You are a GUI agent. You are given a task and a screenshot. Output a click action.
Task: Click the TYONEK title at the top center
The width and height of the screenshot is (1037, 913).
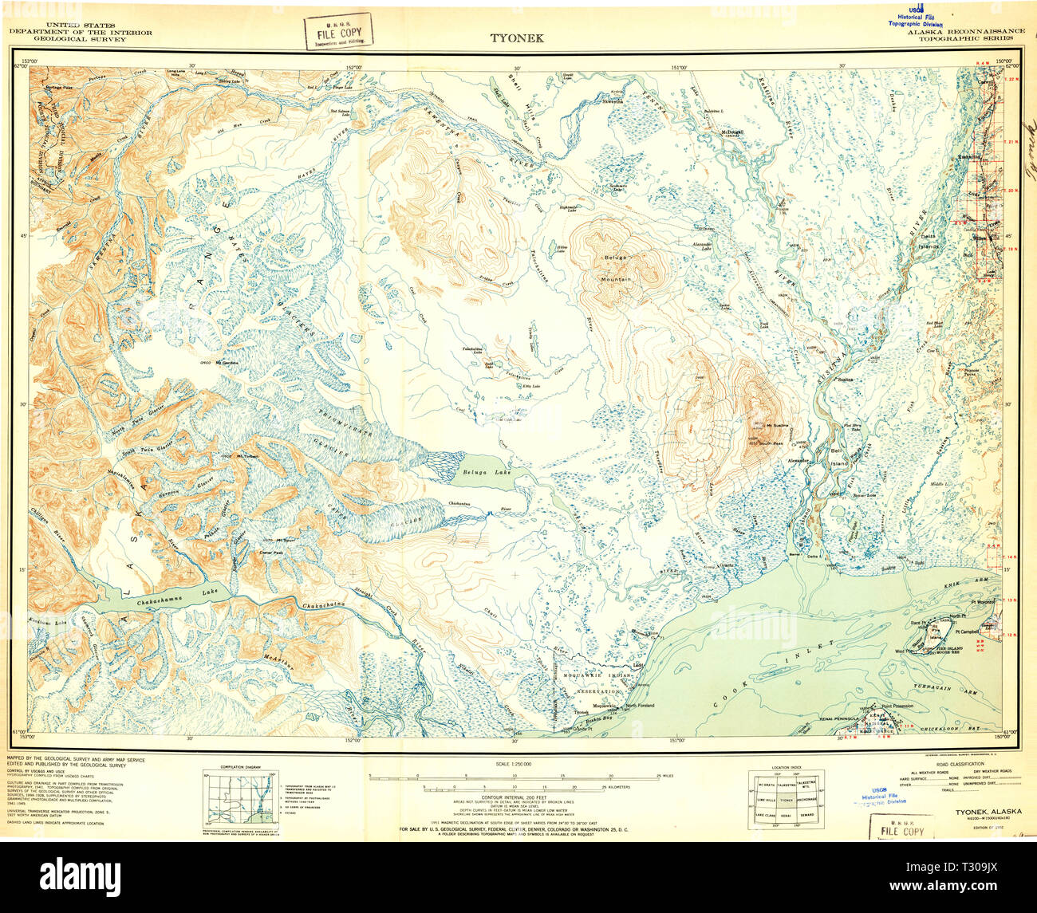coord(518,37)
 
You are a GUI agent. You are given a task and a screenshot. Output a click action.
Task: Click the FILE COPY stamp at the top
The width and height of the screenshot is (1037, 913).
coord(338,32)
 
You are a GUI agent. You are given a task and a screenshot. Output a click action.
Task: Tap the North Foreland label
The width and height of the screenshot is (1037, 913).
coord(640,706)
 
